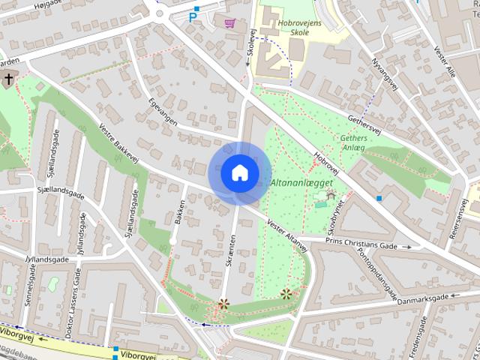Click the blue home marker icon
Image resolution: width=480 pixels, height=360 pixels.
coord(239,172)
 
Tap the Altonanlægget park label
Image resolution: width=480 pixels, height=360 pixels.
coord(295,183)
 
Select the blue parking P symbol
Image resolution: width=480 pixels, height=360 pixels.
coord(193,16)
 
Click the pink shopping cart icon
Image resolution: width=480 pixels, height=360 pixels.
coord(229,22)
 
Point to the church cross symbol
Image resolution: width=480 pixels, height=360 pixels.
coord(8,79)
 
